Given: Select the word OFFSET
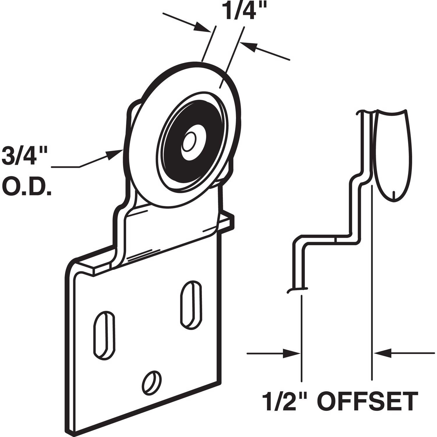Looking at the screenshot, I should tap(368, 401).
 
